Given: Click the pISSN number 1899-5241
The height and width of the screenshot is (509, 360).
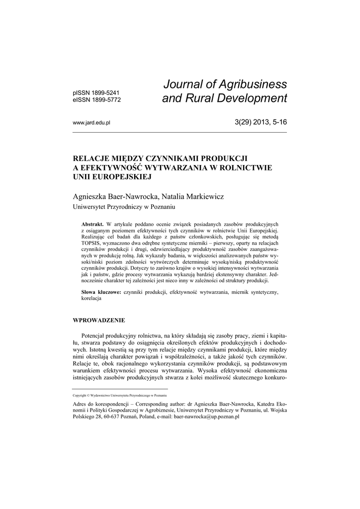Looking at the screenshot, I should (106, 92).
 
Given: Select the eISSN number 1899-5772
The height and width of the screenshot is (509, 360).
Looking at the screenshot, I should (106, 99).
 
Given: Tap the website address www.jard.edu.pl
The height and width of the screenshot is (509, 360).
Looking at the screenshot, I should (91, 122).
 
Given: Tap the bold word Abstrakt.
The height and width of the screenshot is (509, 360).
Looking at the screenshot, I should (92, 224).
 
